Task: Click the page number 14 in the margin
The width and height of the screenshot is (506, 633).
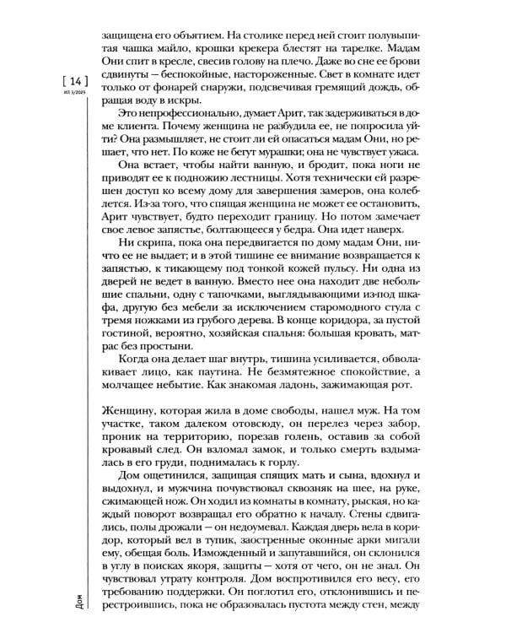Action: click(72, 81)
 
